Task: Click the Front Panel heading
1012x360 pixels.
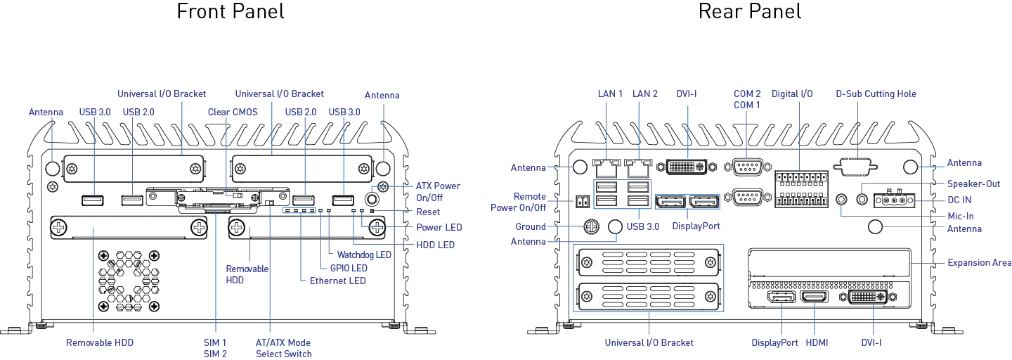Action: click(x=231, y=11)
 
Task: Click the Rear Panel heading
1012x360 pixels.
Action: click(x=750, y=11)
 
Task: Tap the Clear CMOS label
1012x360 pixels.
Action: click(x=233, y=112)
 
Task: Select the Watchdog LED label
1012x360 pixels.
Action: click(x=364, y=255)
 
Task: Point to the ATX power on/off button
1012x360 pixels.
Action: click(x=372, y=199)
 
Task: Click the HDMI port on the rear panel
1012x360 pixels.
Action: click(x=815, y=297)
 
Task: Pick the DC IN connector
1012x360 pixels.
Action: click(x=895, y=200)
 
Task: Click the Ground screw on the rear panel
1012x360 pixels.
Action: click(x=592, y=226)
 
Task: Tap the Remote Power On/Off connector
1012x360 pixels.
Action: click(x=583, y=202)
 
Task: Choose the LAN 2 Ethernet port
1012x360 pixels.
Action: click(x=639, y=167)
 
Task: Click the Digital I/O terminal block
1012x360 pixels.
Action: click(x=801, y=189)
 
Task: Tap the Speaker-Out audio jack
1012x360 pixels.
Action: click(x=862, y=199)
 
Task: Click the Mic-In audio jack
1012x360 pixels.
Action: click(x=841, y=199)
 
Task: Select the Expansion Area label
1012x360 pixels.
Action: click(x=979, y=263)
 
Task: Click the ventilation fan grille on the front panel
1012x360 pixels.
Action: click(x=129, y=281)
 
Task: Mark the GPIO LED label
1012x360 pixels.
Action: click(x=349, y=268)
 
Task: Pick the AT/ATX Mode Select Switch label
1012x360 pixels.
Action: click(x=283, y=348)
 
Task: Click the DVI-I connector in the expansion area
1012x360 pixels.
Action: click(x=867, y=297)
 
